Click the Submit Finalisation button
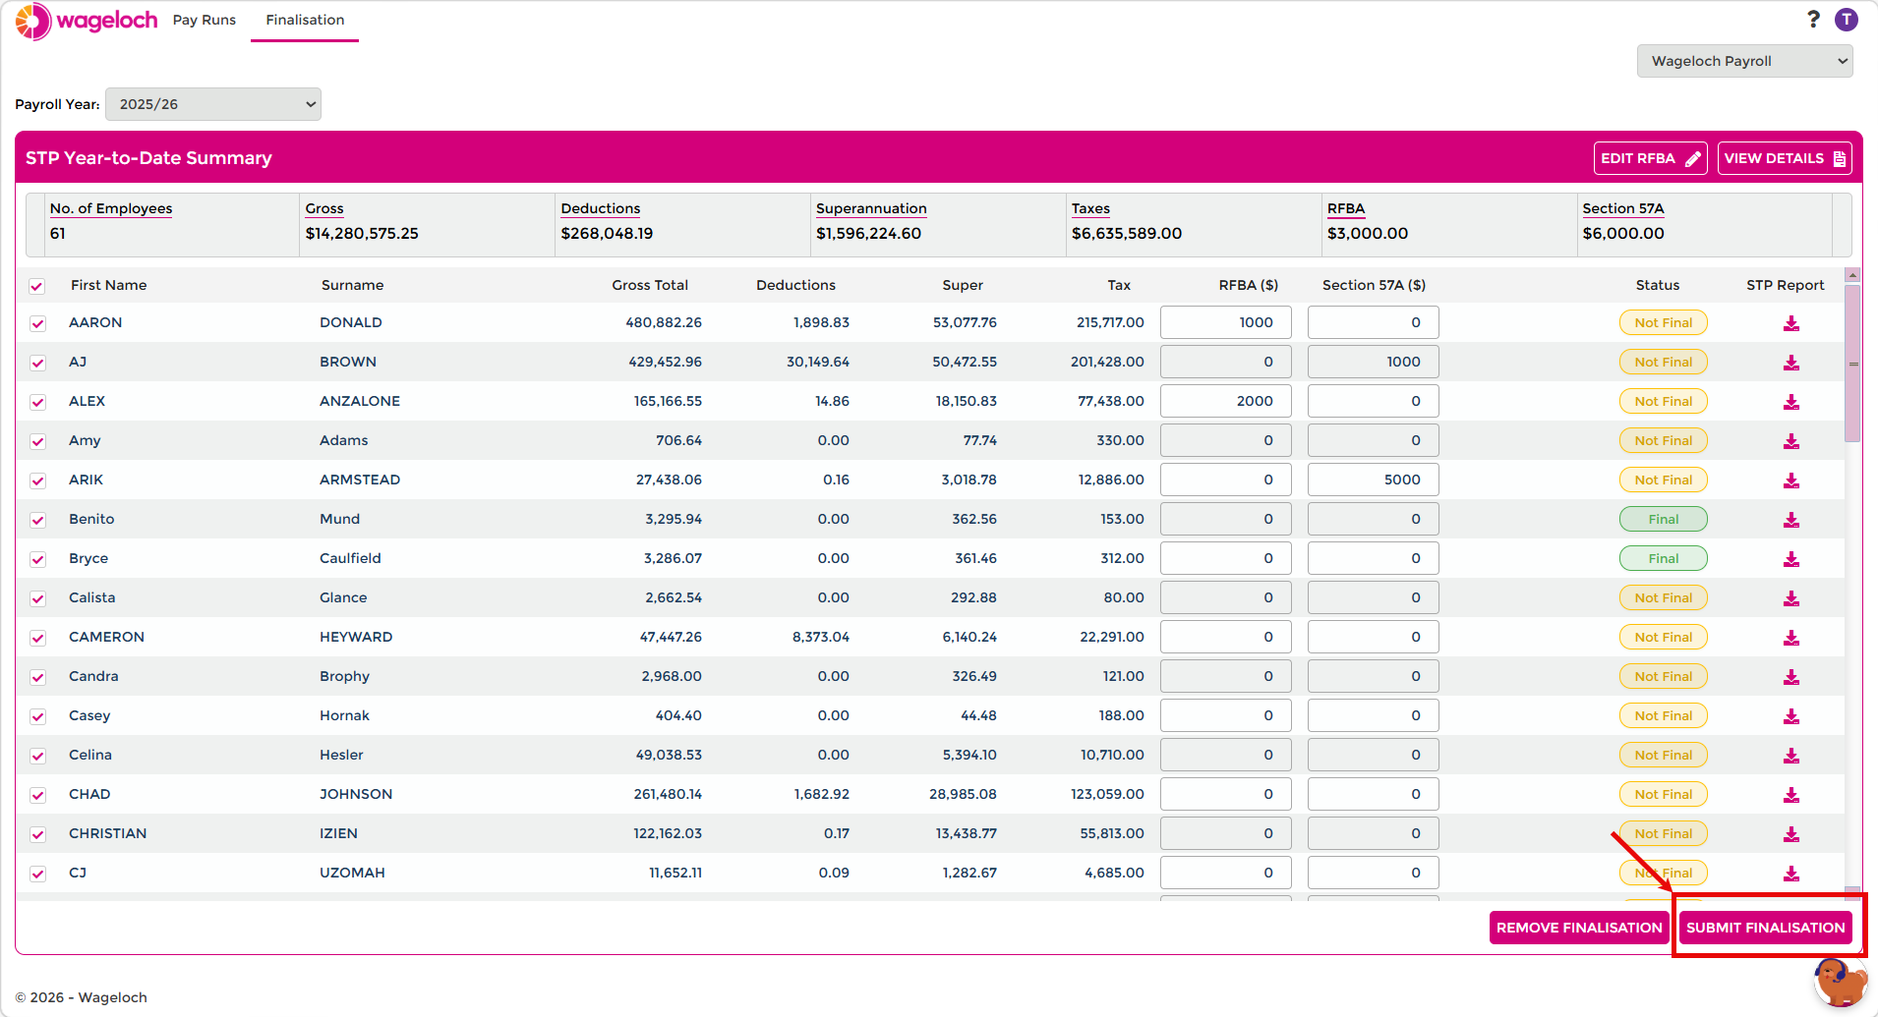click(1765, 928)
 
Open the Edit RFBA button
click(1650, 158)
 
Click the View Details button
click(1784, 158)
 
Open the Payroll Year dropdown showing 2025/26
click(213, 104)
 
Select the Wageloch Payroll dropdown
click(1744, 61)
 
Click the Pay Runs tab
click(205, 20)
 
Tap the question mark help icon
click(1813, 20)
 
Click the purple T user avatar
click(1847, 20)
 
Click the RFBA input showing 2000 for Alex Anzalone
click(1225, 401)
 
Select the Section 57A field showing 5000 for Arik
click(1373, 480)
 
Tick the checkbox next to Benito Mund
click(37, 520)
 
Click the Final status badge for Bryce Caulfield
click(1663, 558)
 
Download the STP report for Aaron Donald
click(1791, 323)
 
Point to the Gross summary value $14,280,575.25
click(362, 233)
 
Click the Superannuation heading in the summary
click(871, 208)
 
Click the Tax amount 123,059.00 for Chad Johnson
click(1107, 794)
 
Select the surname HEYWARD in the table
click(356, 637)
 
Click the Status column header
click(1657, 285)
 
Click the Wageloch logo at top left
click(87, 21)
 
